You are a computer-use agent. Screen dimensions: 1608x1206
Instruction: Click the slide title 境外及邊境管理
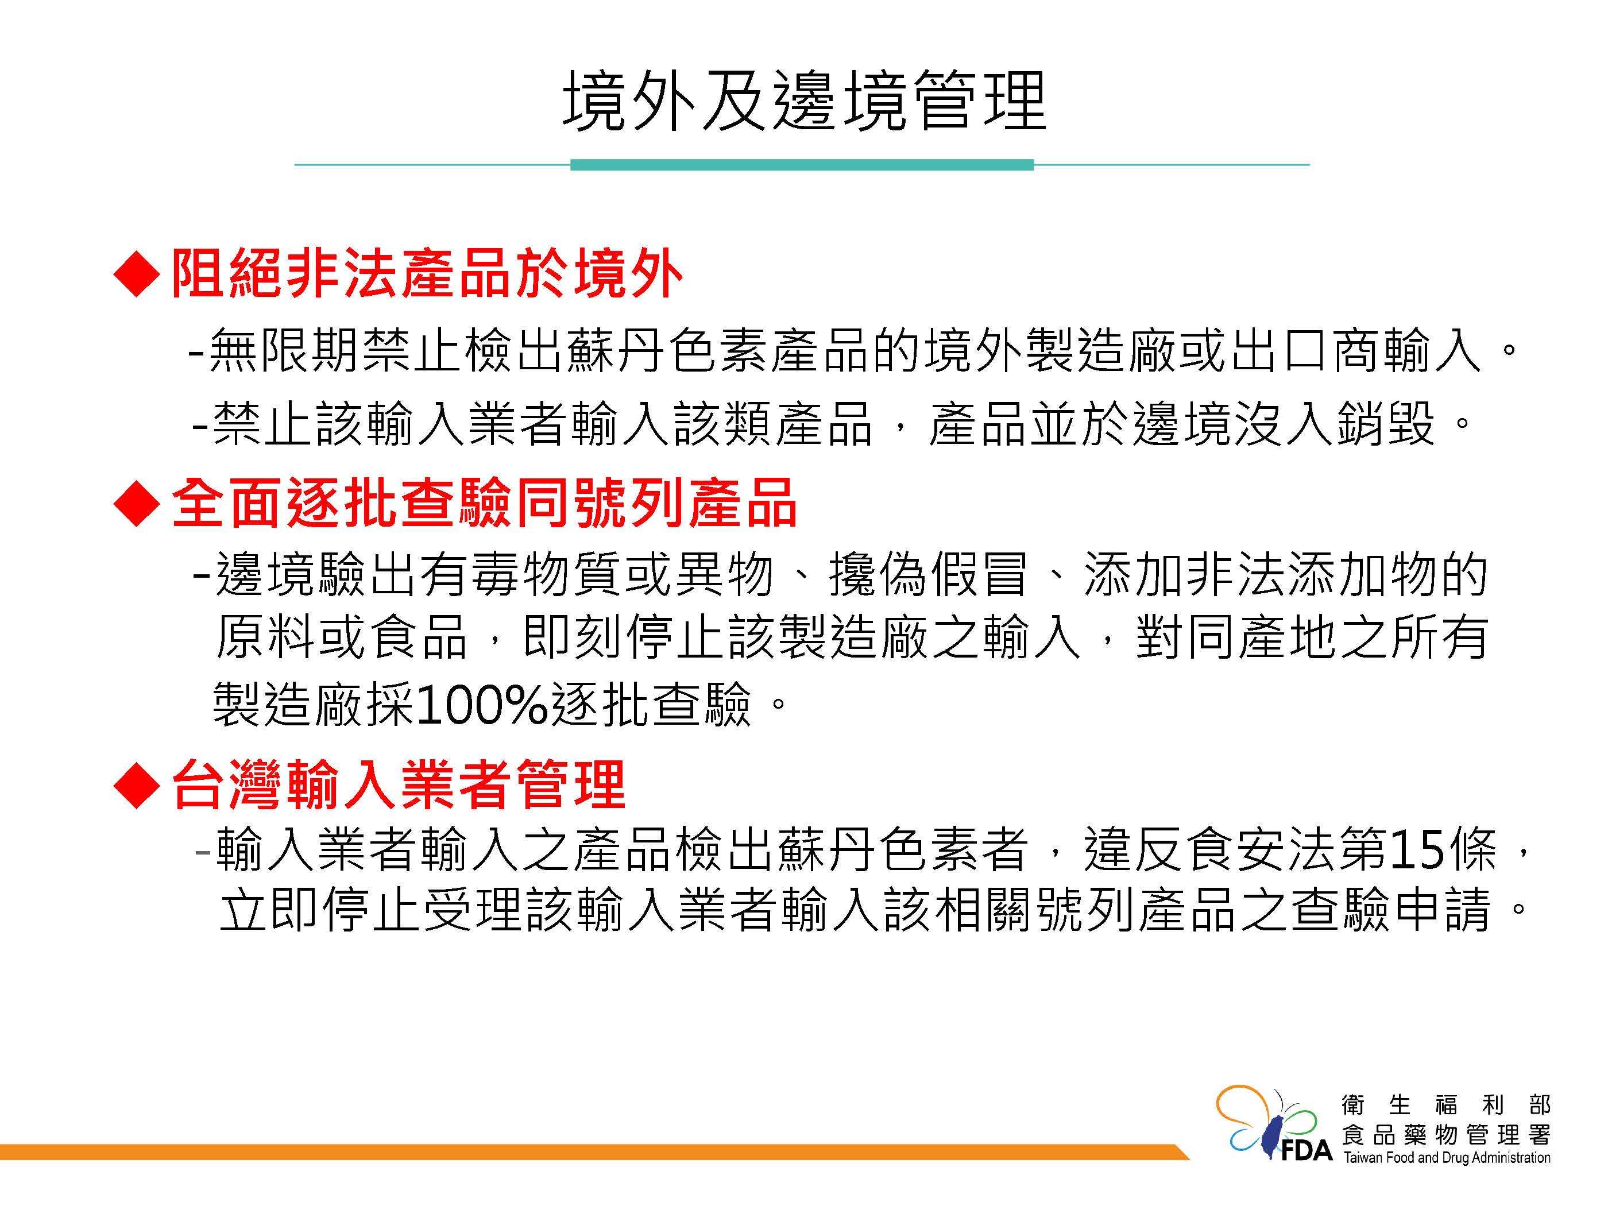click(x=804, y=101)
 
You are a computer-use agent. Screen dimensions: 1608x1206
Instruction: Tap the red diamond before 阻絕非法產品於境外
click(x=137, y=274)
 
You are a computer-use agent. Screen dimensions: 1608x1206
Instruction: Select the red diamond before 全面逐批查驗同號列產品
click(x=137, y=503)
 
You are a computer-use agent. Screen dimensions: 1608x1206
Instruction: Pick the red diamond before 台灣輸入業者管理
click(x=137, y=785)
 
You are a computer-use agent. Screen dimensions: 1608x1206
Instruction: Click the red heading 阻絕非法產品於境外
click(x=427, y=274)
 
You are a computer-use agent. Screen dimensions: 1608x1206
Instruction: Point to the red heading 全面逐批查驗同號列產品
click(x=485, y=503)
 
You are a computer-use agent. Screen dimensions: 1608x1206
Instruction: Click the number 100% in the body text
click(x=481, y=703)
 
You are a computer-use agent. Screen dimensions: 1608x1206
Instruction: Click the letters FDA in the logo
click(x=1306, y=1151)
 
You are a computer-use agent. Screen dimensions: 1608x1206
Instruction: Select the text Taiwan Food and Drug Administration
click(x=1447, y=1157)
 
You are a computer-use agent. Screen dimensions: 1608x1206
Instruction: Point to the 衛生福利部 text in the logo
click(x=1447, y=1105)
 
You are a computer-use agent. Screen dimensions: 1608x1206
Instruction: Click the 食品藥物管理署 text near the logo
click(x=1447, y=1134)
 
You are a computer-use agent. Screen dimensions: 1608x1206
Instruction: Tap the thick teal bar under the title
click(x=802, y=165)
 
